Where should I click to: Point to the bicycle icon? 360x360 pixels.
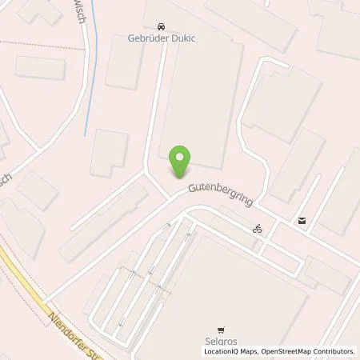[258, 228]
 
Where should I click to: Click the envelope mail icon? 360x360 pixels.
[302, 221]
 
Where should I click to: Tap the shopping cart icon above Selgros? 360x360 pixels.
[221, 327]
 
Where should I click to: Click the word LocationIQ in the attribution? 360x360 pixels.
[222, 350]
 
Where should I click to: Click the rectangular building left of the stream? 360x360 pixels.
[40, 67]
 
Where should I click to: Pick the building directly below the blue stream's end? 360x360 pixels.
[109, 152]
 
